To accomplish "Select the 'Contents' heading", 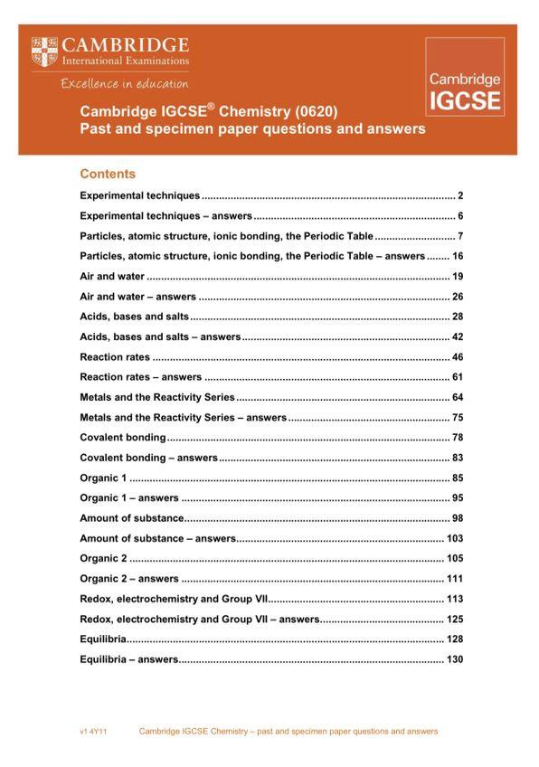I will tap(108, 174).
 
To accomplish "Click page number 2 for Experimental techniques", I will tap(460, 195).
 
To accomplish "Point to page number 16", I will tap(458, 256).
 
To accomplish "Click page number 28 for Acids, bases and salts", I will tap(458, 317).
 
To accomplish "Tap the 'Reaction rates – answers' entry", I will tap(141, 377).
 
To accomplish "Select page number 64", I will tap(458, 397).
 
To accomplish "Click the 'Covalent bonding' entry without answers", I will tap(123, 438).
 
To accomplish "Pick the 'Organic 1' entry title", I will tap(104, 478).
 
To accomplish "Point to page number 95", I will tap(458, 498).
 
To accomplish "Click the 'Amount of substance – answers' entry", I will tap(158, 538).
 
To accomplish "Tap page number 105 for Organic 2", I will tap(455, 559).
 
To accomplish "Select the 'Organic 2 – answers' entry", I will tap(129, 579).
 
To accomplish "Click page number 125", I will tap(455, 620).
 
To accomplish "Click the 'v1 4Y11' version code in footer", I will tap(93, 731).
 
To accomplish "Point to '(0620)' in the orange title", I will tap(315, 112).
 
